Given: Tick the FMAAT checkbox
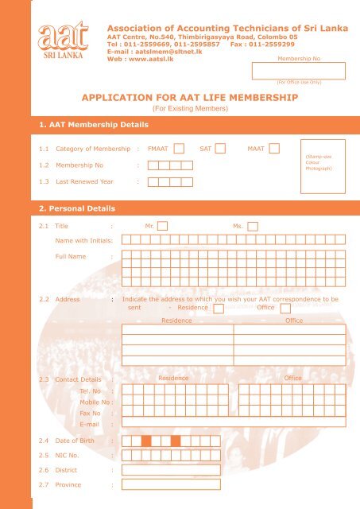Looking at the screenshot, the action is pyautogui.click(x=180, y=148).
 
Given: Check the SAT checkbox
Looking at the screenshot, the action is pyautogui.click(x=220, y=148).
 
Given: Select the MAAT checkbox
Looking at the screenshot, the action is pyautogui.click(x=274, y=148).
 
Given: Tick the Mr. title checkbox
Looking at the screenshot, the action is pyautogui.click(x=162, y=227).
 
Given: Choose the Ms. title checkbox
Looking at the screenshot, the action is pyautogui.click(x=252, y=227).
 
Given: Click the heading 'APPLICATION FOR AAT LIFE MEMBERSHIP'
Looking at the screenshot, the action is pyautogui.click(x=189, y=98).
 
